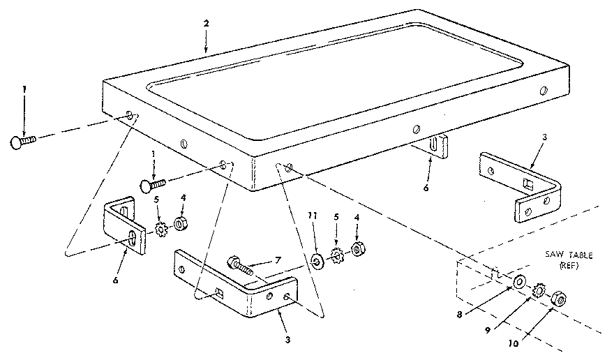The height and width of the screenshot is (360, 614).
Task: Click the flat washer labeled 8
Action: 520,283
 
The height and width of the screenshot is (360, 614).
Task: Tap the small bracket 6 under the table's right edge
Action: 436,148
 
